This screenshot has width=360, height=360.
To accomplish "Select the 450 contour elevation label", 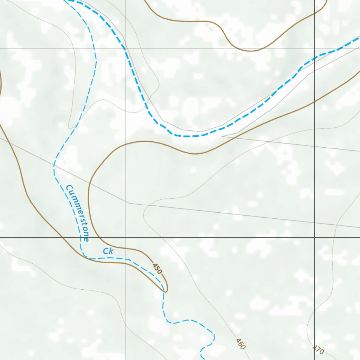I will coord(157,269).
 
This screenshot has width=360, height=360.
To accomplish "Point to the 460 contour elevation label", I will coord(240,344).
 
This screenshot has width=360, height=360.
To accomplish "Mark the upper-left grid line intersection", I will coord(125,48).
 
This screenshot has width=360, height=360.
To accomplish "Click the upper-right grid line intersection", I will coord(314,48).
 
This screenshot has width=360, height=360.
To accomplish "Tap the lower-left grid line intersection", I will coord(125,237).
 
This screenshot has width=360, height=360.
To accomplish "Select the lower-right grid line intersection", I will coord(314,237).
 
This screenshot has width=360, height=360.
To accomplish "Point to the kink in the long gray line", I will coord(129,203).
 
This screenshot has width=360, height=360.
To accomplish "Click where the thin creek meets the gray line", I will coord(54,165).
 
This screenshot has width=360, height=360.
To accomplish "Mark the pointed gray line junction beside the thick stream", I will coord(222,135).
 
